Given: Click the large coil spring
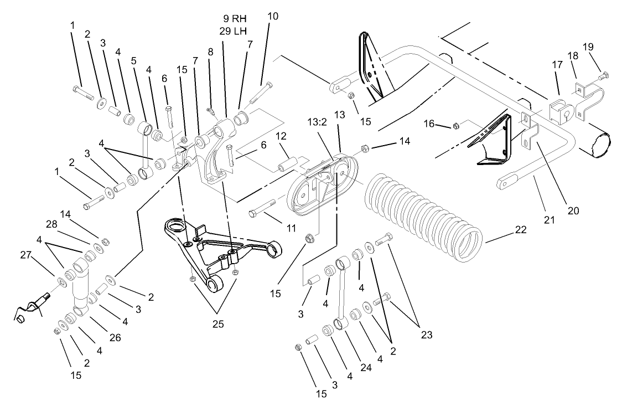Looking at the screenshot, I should coord(423,219).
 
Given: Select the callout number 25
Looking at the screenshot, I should coord(219,324).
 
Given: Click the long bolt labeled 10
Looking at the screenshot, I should coord(260,92).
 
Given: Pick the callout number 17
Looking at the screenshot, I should coord(556,65).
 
